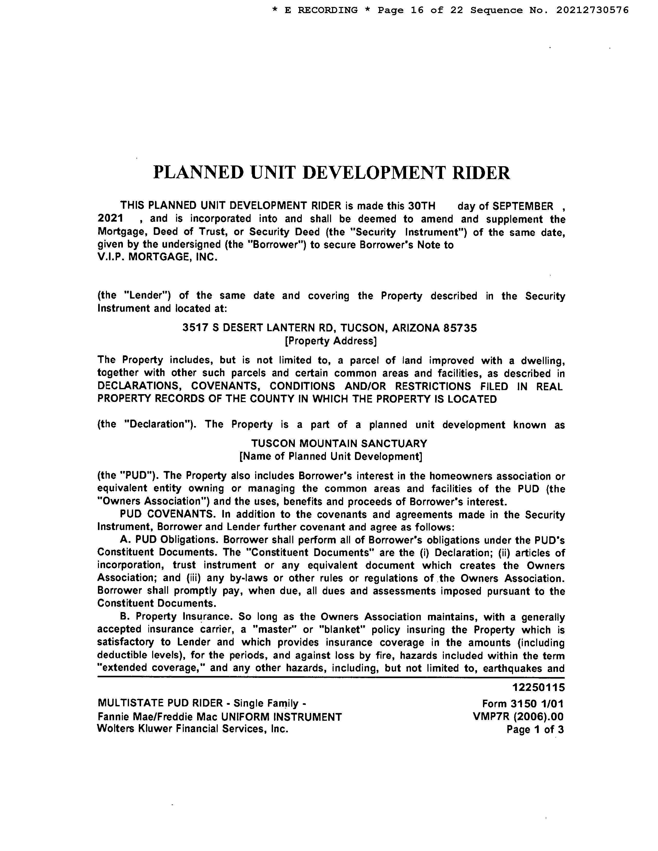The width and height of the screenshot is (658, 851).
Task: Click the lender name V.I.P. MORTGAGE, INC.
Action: [x=157, y=257]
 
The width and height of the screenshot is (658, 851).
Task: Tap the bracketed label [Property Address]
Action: [x=331, y=341]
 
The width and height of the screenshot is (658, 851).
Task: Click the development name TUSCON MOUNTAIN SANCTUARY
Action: [x=339, y=443]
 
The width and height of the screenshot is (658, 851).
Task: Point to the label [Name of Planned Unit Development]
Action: [x=331, y=456]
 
